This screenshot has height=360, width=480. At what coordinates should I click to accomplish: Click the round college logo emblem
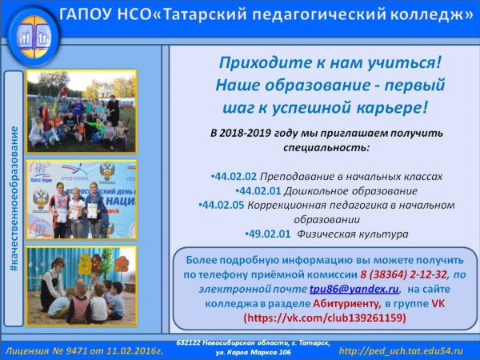[x=34, y=37]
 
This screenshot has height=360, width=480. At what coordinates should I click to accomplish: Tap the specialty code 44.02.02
[x=235, y=177]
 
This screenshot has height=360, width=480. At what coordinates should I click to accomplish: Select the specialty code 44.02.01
[x=260, y=191]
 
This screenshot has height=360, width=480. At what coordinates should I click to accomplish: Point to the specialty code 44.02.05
[x=223, y=205]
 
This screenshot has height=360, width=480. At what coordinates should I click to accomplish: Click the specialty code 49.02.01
[x=270, y=234]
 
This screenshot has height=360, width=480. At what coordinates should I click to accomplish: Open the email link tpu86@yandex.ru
[x=354, y=289]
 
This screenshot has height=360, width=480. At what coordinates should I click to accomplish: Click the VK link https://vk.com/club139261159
[x=325, y=318]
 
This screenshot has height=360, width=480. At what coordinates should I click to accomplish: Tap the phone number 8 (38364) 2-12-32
[x=403, y=274]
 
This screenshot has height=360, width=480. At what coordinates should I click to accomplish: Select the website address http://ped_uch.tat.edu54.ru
[x=401, y=351]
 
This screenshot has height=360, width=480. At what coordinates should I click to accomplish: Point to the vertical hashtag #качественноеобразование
[x=14, y=199]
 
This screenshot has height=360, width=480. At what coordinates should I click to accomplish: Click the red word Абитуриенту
[x=347, y=304]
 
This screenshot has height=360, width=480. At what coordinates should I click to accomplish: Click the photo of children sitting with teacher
[x=82, y=286]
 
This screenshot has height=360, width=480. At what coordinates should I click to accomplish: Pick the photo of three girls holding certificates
[x=82, y=200]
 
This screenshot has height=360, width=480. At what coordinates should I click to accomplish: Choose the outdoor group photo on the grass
[x=82, y=111]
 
